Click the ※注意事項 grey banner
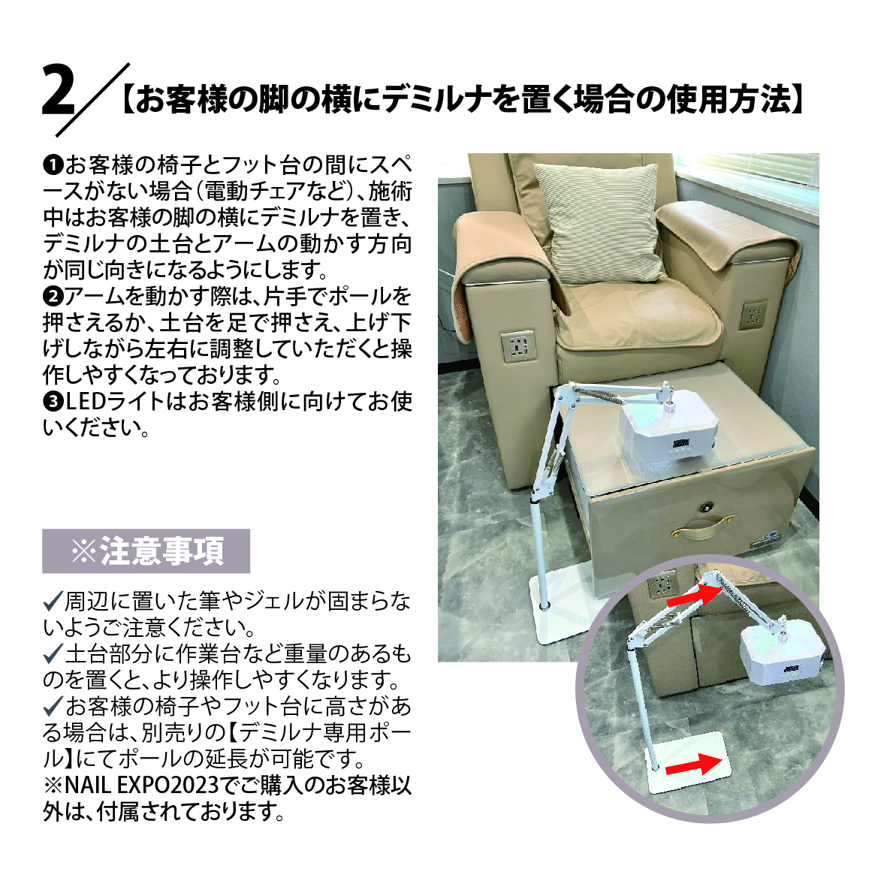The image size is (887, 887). (146, 551)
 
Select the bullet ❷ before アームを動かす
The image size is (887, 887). (53, 296)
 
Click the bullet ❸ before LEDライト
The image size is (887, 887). (53, 402)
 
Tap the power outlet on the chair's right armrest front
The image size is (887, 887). (753, 315)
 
